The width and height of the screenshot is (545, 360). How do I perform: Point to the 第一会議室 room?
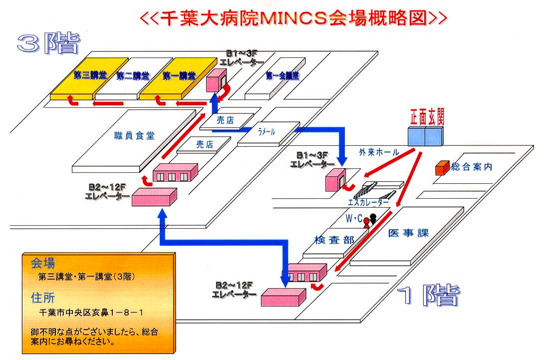pos(282,76)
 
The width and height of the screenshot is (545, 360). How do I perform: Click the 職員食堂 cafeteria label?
pos(134,135)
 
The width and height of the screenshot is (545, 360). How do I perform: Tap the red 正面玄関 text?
pos(427,116)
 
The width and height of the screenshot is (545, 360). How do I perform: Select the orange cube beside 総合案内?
pos(441,168)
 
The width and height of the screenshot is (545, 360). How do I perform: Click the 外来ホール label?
pos(379,152)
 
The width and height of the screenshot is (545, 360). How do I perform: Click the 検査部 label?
pos(334,240)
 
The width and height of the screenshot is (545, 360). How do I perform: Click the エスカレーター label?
pos(368,202)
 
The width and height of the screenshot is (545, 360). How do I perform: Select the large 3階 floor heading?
pos(48,44)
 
